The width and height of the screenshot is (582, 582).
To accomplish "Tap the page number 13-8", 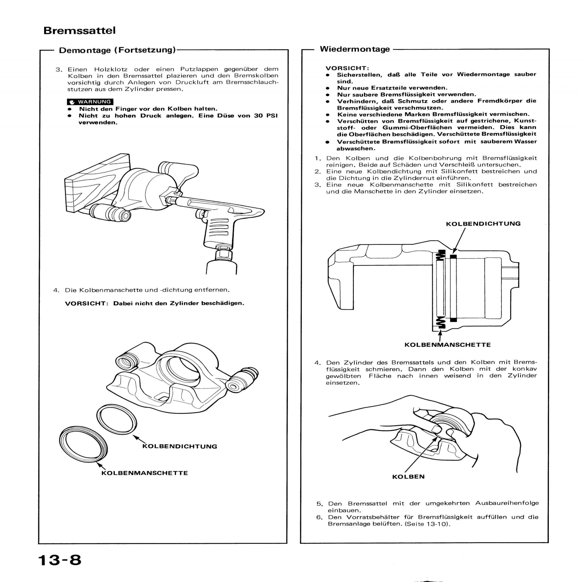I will point(60,560).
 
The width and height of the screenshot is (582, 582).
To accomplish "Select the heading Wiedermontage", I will point(355,49).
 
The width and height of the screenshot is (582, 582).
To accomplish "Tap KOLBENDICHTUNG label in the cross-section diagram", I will point(483,223).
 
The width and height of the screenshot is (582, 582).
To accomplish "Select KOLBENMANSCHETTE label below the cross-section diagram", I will point(447,345).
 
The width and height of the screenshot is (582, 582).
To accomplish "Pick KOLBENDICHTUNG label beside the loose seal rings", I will point(180,446).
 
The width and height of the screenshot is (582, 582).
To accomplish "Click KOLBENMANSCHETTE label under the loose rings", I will point(144,473).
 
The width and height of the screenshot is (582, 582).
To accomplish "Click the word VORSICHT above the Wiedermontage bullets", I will point(347,68).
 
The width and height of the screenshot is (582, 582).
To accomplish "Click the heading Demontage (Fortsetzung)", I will point(117,50).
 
